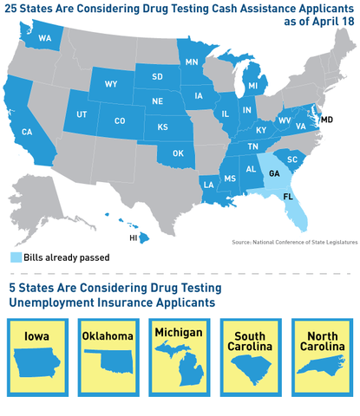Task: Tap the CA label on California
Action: (27, 132)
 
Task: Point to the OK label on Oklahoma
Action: (178, 153)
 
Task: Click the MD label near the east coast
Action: (327, 118)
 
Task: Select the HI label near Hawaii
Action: (134, 236)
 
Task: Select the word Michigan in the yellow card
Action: (180, 333)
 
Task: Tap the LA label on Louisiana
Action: (209, 185)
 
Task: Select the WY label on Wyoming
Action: (111, 85)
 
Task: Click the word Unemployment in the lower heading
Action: (59, 302)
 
